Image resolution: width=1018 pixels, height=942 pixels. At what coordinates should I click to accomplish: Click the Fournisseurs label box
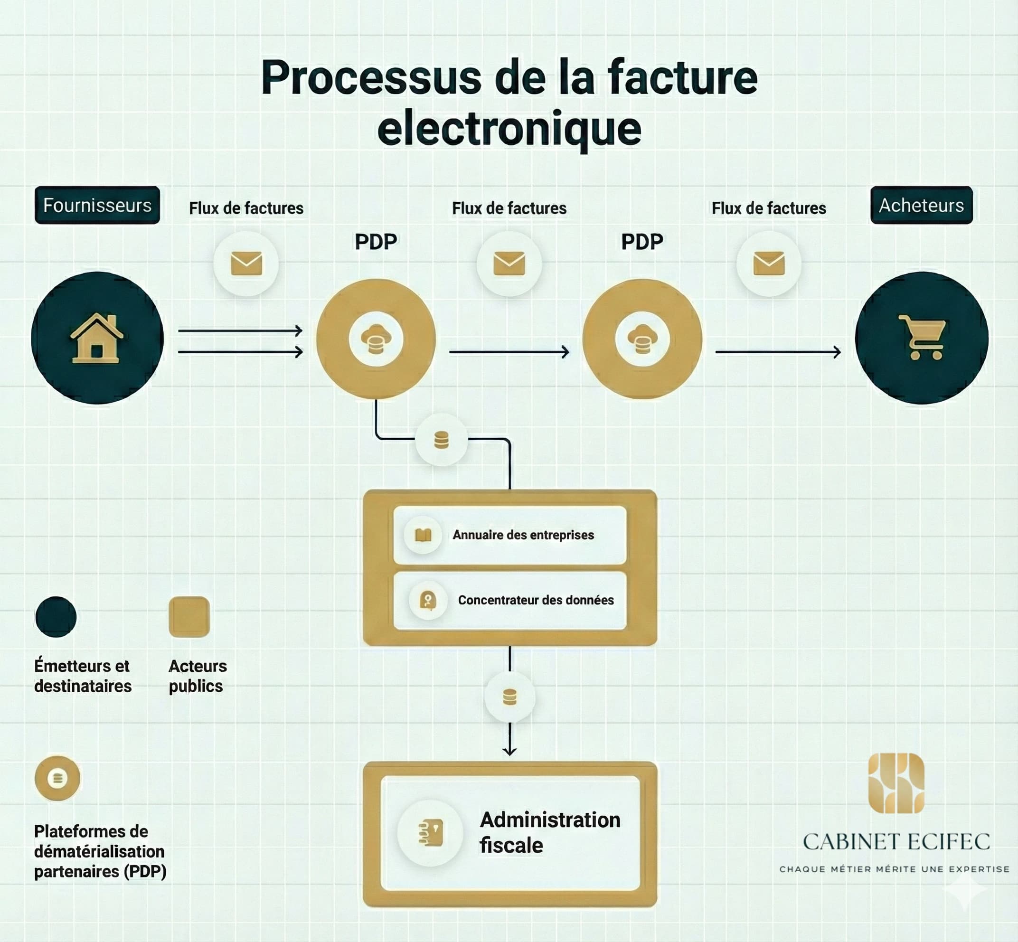tap(97, 205)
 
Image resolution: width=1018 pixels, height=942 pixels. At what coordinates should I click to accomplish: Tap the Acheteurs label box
tap(921, 205)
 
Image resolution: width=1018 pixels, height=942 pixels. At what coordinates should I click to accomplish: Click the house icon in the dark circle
tap(97, 339)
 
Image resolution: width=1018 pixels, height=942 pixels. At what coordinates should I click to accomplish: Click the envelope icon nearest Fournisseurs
tap(246, 264)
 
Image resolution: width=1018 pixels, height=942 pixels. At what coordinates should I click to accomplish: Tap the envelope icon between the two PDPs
tap(509, 264)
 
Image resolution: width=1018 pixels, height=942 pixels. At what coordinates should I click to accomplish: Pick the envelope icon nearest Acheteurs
tap(769, 264)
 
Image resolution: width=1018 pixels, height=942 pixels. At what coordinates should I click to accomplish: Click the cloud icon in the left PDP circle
tap(376, 339)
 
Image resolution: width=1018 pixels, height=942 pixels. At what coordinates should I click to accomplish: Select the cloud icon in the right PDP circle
tap(642, 339)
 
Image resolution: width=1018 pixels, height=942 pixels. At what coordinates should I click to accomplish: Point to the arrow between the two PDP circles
tap(509, 352)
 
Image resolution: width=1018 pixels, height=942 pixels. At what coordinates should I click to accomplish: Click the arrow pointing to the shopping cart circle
tap(778, 352)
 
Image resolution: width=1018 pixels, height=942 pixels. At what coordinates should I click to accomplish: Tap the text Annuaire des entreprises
tap(523, 535)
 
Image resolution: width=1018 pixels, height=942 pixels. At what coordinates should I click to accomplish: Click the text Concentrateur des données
tap(535, 600)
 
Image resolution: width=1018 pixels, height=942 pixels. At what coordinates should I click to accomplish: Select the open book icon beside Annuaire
tap(423, 535)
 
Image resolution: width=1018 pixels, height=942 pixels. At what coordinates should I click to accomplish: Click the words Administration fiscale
tap(549, 832)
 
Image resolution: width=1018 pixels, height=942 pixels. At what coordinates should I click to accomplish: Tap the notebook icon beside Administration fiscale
tap(431, 833)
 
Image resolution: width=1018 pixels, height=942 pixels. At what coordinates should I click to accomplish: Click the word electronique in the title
tap(509, 129)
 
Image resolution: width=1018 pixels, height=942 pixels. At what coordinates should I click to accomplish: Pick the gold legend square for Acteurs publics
tap(189, 617)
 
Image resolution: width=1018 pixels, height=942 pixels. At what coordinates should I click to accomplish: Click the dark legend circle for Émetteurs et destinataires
tap(56, 617)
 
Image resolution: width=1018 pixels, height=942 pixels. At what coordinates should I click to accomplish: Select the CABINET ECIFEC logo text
tap(896, 842)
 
